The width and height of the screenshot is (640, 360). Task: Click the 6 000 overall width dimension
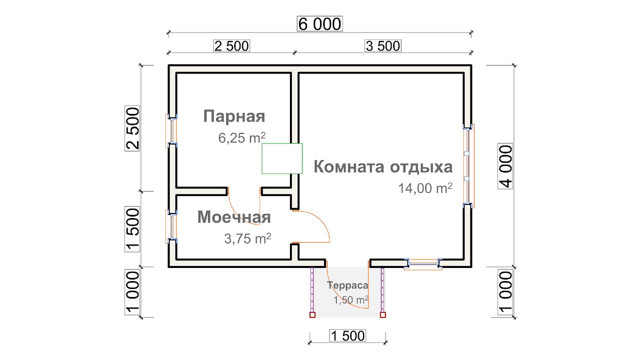click(x=319, y=23)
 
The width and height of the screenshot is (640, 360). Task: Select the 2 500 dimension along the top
click(x=231, y=46)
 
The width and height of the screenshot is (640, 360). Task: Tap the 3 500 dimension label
click(x=383, y=46)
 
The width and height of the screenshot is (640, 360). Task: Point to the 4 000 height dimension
click(x=505, y=166)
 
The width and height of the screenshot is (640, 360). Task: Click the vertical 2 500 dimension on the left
click(x=132, y=128)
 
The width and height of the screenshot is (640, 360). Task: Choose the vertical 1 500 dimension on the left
click(x=132, y=229)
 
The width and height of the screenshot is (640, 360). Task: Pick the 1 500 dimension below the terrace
click(x=347, y=335)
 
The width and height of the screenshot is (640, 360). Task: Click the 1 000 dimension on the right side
click(x=505, y=292)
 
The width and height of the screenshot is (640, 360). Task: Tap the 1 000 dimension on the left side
click(x=132, y=292)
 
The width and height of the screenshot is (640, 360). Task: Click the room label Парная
click(x=234, y=116)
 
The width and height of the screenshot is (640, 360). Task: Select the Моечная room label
click(x=234, y=217)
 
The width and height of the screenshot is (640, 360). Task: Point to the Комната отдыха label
click(x=383, y=167)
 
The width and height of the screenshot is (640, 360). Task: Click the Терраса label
click(x=347, y=285)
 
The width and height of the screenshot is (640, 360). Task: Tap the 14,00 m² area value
click(x=425, y=188)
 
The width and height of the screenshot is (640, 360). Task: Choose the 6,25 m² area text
click(x=241, y=137)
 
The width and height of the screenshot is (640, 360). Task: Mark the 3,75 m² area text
click(x=247, y=238)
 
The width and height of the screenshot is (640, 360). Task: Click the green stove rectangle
click(x=282, y=158)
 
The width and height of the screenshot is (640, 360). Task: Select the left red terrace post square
click(x=312, y=315)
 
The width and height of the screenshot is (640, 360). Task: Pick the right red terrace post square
click(x=383, y=315)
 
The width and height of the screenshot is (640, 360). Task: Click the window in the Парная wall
click(x=171, y=131)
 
